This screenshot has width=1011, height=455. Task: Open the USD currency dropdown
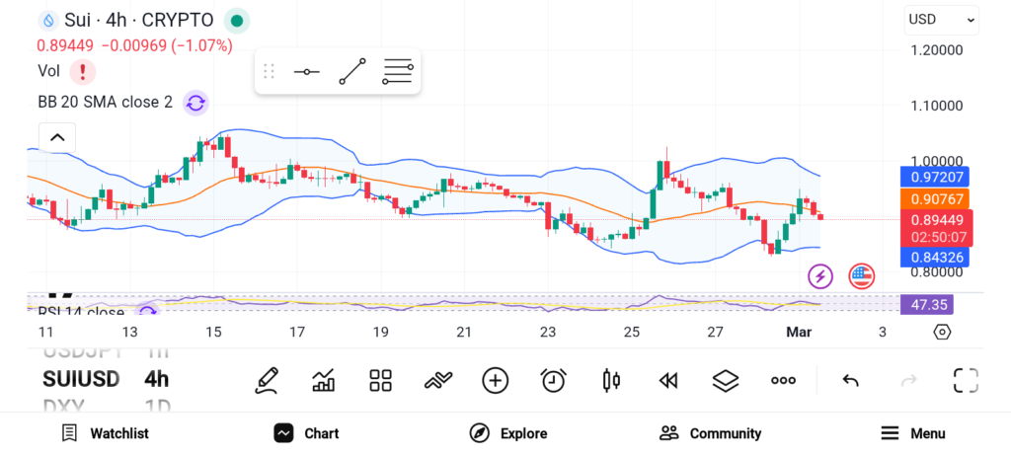pos(941,20)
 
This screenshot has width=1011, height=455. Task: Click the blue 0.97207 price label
pos(933,177)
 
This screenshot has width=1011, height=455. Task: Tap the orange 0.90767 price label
pos(933,198)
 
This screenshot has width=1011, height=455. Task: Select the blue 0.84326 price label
pos(933,258)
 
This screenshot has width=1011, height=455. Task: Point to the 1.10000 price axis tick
pos(936,106)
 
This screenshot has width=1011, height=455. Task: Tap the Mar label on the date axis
pos(798,333)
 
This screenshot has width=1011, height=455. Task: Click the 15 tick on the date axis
pos(213,333)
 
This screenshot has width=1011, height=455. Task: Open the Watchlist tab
pos(105,433)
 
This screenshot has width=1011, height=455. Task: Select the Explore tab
pos(508,433)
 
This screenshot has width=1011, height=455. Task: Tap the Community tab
pos(710,433)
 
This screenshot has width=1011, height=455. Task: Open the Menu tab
pos(913,433)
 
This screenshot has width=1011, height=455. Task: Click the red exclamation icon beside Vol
pos(83,71)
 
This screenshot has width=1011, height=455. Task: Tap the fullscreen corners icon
pos(965,380)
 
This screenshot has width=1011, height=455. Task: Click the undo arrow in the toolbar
pos(850,380)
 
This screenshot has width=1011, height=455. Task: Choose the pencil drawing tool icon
pos(266,380)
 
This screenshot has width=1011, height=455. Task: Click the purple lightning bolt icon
pos(820,276)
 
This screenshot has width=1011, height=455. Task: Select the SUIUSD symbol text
pos(81,379)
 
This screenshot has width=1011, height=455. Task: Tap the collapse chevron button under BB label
pos(57,138)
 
